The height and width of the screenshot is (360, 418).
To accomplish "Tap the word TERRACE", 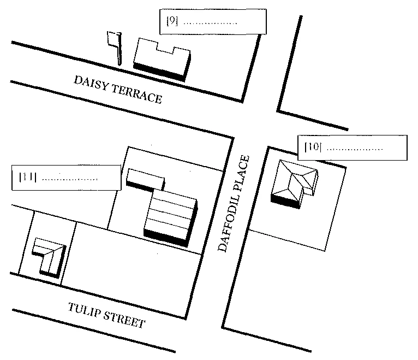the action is [x=137, y=94].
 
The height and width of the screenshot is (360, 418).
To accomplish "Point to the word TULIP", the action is [x=84, y=310].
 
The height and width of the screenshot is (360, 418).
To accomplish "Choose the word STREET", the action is [x=124, y=319].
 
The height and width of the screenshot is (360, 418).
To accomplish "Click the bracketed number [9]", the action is [x=172, y=21].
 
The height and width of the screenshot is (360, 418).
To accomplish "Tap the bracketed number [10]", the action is [x=313, y=146].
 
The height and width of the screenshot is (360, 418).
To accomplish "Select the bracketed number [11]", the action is [x=27, y=176].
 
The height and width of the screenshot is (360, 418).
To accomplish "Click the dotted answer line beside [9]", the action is [x=210, y=23].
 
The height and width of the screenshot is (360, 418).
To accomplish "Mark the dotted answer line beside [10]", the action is [x=355, y=149].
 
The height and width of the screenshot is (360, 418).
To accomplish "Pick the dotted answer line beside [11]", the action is [x=70, y=179].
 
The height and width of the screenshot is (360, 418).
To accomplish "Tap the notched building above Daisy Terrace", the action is [x=162, y=60].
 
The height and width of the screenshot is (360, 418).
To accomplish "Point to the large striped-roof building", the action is [x=171, y=219].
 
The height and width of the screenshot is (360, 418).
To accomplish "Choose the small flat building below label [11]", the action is [x=146, y=180].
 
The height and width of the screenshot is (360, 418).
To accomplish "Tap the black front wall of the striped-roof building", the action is [x=165, y=238].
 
